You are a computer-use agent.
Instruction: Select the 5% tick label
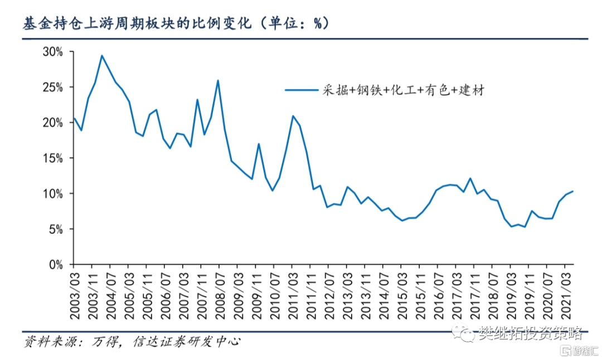[x=57, y=229]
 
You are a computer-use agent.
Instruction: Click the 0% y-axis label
[x=57, y=265]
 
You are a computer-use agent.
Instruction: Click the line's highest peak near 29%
[x=101, y=55]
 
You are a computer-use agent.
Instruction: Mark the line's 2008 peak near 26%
[x=217, y=80]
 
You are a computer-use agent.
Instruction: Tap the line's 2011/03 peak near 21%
[x=293, y=116]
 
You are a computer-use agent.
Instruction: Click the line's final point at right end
[x=573, y=191]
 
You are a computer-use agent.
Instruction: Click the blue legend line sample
[x=302, y=89]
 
